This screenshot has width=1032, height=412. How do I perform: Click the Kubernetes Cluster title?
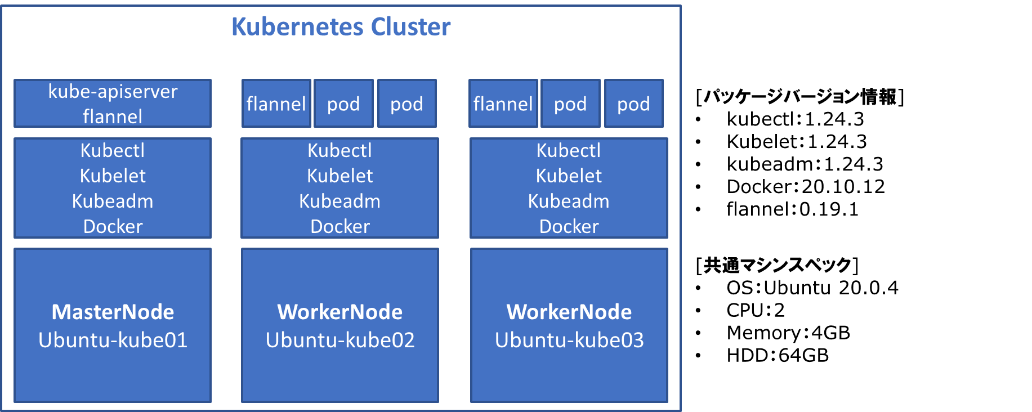341,26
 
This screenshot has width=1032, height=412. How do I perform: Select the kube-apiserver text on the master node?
113,91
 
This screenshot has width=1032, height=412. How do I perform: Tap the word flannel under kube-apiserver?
113,117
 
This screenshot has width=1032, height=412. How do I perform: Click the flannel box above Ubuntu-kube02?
276,104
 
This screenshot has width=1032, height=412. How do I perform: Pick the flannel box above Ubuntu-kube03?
503,104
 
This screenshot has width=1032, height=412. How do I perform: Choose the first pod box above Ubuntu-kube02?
343,104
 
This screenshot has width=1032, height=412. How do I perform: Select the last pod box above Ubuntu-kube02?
406,104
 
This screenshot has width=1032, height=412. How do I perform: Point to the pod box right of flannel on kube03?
570,104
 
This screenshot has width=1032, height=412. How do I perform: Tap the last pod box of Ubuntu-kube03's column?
633,104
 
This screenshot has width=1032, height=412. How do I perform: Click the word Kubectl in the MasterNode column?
113,150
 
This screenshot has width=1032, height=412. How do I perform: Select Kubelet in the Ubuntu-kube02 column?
339,176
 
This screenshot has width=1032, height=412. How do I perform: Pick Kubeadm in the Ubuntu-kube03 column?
569,201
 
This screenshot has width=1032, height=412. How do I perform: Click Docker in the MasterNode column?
113,226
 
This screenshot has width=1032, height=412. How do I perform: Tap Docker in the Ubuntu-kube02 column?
339,226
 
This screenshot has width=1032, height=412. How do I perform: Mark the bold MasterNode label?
113,312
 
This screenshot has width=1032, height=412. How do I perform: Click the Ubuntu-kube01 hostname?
113,340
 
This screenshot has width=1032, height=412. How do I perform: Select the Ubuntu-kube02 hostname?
339,340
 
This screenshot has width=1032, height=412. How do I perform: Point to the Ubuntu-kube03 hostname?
569,340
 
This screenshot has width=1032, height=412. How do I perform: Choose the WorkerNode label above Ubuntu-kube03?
569,312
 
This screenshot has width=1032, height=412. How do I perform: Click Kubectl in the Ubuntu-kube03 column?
569,150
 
